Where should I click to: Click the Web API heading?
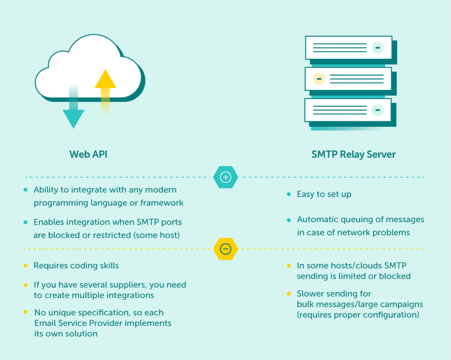(x=89, y=155)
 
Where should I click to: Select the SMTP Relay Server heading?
(x=354, y=155)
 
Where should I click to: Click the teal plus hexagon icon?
(x=225, y=177)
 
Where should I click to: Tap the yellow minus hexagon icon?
(x=225, y=249)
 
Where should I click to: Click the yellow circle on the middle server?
(x=318, y=79)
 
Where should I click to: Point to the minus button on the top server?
(x=377, y=48)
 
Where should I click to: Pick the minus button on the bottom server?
(x=377, y=110)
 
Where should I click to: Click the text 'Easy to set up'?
(x=324, y=194)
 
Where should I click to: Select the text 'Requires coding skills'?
(x=76, y=266)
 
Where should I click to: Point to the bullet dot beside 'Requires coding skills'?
(x=26, y=266)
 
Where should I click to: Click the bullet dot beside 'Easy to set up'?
(x=289, y=194)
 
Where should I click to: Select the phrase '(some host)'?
(x=157, y=235)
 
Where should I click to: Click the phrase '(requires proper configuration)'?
(x=358, y=315)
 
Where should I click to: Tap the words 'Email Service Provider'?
(x=79, y=323)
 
